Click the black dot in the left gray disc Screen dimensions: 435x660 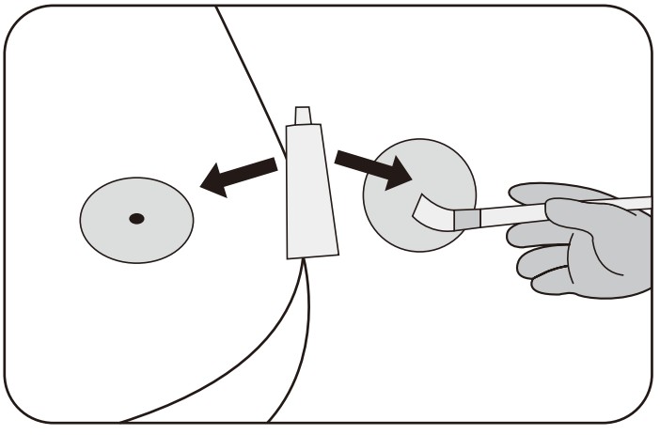tap(136, 219)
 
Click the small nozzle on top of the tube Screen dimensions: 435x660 tap(302, 116)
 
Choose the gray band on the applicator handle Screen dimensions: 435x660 tap(467, 219)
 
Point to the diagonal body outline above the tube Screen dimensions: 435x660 tap(249, 75)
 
